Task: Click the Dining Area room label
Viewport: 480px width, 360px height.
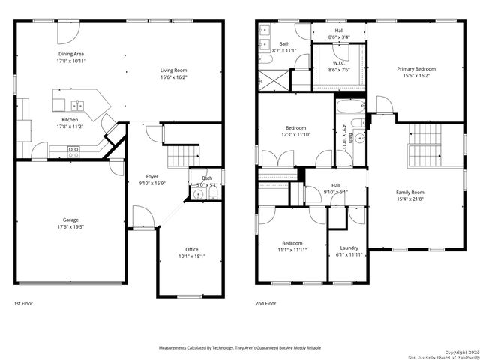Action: click(70, 55)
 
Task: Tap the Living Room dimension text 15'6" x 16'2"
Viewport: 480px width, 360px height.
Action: click(173, 77)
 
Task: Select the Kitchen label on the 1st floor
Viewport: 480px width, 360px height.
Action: click(70, 120)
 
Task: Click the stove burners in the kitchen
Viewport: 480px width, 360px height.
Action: click(74, 150)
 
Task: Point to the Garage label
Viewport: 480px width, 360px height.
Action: click(70, 220)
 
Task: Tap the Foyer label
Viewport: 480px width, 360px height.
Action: click(151, 176)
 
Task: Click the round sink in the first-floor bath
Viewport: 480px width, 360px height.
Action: click(198, 195)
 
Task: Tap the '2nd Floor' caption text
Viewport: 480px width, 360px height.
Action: click(265, 304)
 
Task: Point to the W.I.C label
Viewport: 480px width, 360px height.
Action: click(339, 63)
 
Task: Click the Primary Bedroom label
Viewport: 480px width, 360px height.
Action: click(415, 69)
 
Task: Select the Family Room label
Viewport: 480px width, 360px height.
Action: click(410, 192)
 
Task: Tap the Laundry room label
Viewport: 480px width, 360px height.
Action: click(349, 247)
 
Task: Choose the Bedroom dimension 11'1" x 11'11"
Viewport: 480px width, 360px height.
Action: click(292, 250)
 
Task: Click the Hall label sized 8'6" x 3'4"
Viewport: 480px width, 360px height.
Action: click(339, 37)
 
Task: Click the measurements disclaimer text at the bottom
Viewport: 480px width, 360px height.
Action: click(239, 348)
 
